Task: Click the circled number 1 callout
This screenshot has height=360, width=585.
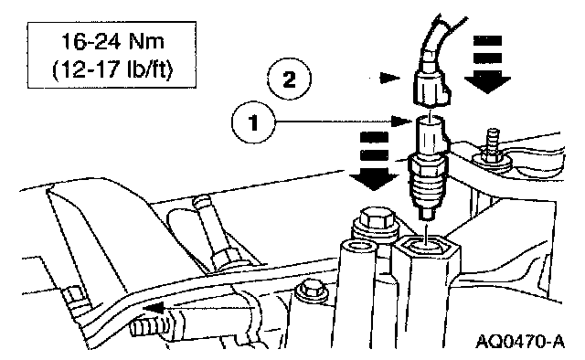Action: click(253, 122)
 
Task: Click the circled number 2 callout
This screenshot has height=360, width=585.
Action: click(289, 79)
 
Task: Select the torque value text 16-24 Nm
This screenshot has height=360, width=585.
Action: click(112, 41)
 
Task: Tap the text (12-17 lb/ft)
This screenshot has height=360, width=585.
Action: click(112, 69)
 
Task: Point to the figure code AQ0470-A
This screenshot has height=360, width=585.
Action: click(520, 341)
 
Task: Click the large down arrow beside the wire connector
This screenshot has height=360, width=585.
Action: click(487, 64)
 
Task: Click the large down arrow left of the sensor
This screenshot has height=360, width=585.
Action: click(374, 161)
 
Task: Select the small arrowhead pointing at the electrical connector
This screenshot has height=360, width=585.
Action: click(389, 79)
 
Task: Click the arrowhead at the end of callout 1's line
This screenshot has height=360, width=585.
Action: click(402, 121)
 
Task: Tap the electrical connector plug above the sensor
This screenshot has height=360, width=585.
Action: click(431, 90)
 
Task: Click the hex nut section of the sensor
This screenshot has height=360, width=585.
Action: click(427, 165)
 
